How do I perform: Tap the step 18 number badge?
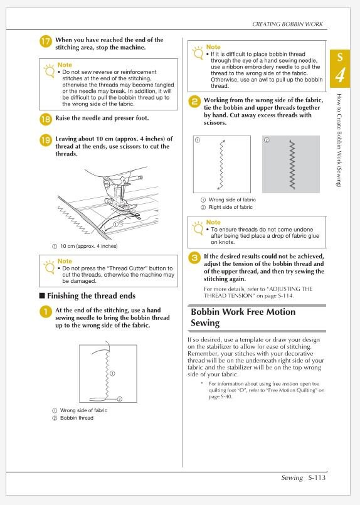pos(46,117)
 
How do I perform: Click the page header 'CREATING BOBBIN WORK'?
pos(287,24)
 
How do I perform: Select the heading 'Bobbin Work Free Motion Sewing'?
pos(242,317)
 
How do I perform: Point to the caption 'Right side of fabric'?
pos(233,207)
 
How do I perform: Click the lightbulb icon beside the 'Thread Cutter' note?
pos(46,265)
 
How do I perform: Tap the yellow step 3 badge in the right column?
pos(195,257)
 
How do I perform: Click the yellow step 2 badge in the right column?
pos(195,101)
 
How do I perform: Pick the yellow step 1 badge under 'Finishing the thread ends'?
pos(46,312)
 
